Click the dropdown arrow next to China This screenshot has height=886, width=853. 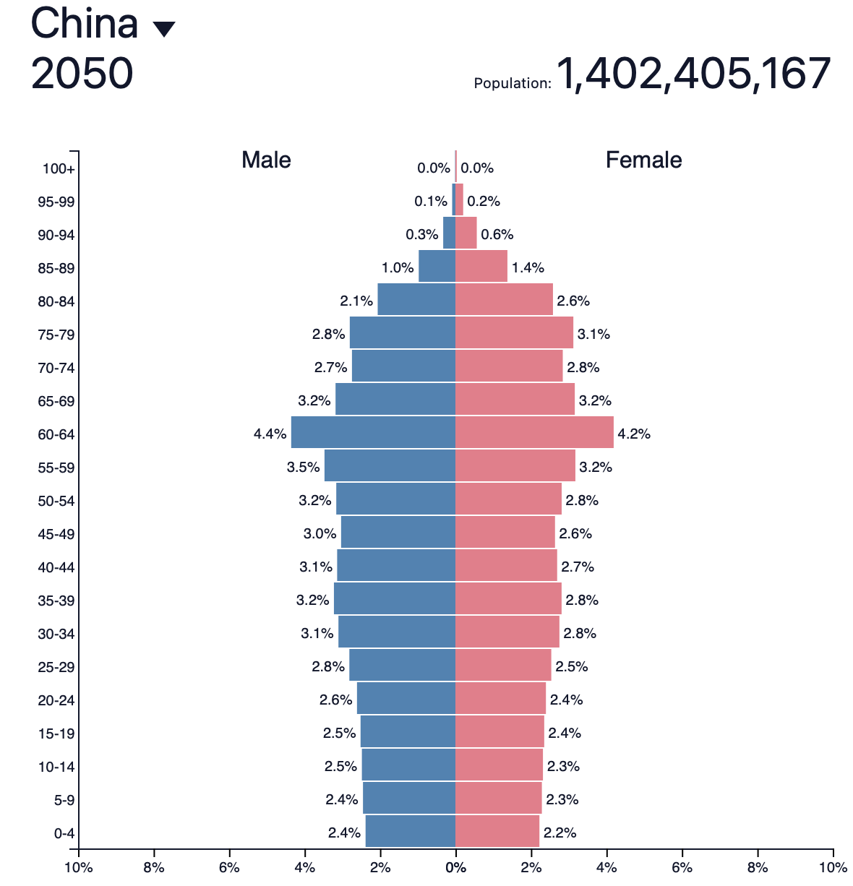[x=164, y=29]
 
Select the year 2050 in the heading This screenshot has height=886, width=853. [x=82, y=73]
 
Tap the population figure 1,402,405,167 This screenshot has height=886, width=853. [x=693, y=74]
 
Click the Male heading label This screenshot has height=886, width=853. [x=266, y=160]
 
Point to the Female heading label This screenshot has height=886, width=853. [x=643, y=160]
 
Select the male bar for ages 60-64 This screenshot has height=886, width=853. [x=373, y=432]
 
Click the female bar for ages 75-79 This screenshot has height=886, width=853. [x=514, y=332]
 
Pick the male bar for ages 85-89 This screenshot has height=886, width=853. [x=437, y=266]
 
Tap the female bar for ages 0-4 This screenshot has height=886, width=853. [x=497, y=831]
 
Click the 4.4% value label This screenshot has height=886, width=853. [x=270, y=434]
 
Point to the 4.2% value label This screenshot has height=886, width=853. [x=634, y=434]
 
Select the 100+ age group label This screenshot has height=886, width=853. [x=59, y=169]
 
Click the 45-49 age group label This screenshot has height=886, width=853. [x=56, y=534]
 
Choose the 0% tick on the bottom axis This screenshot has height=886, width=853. [x=455, y=867]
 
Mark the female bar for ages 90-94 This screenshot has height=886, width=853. [x=466, y=233]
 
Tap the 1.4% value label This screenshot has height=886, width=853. [x=528, y=268]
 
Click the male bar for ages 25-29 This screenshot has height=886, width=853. [x=402, y=665]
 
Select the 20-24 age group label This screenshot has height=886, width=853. [x=56, y=700]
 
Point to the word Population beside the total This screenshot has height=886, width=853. [x=512, y=84]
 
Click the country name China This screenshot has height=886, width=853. [x=85, y=23]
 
